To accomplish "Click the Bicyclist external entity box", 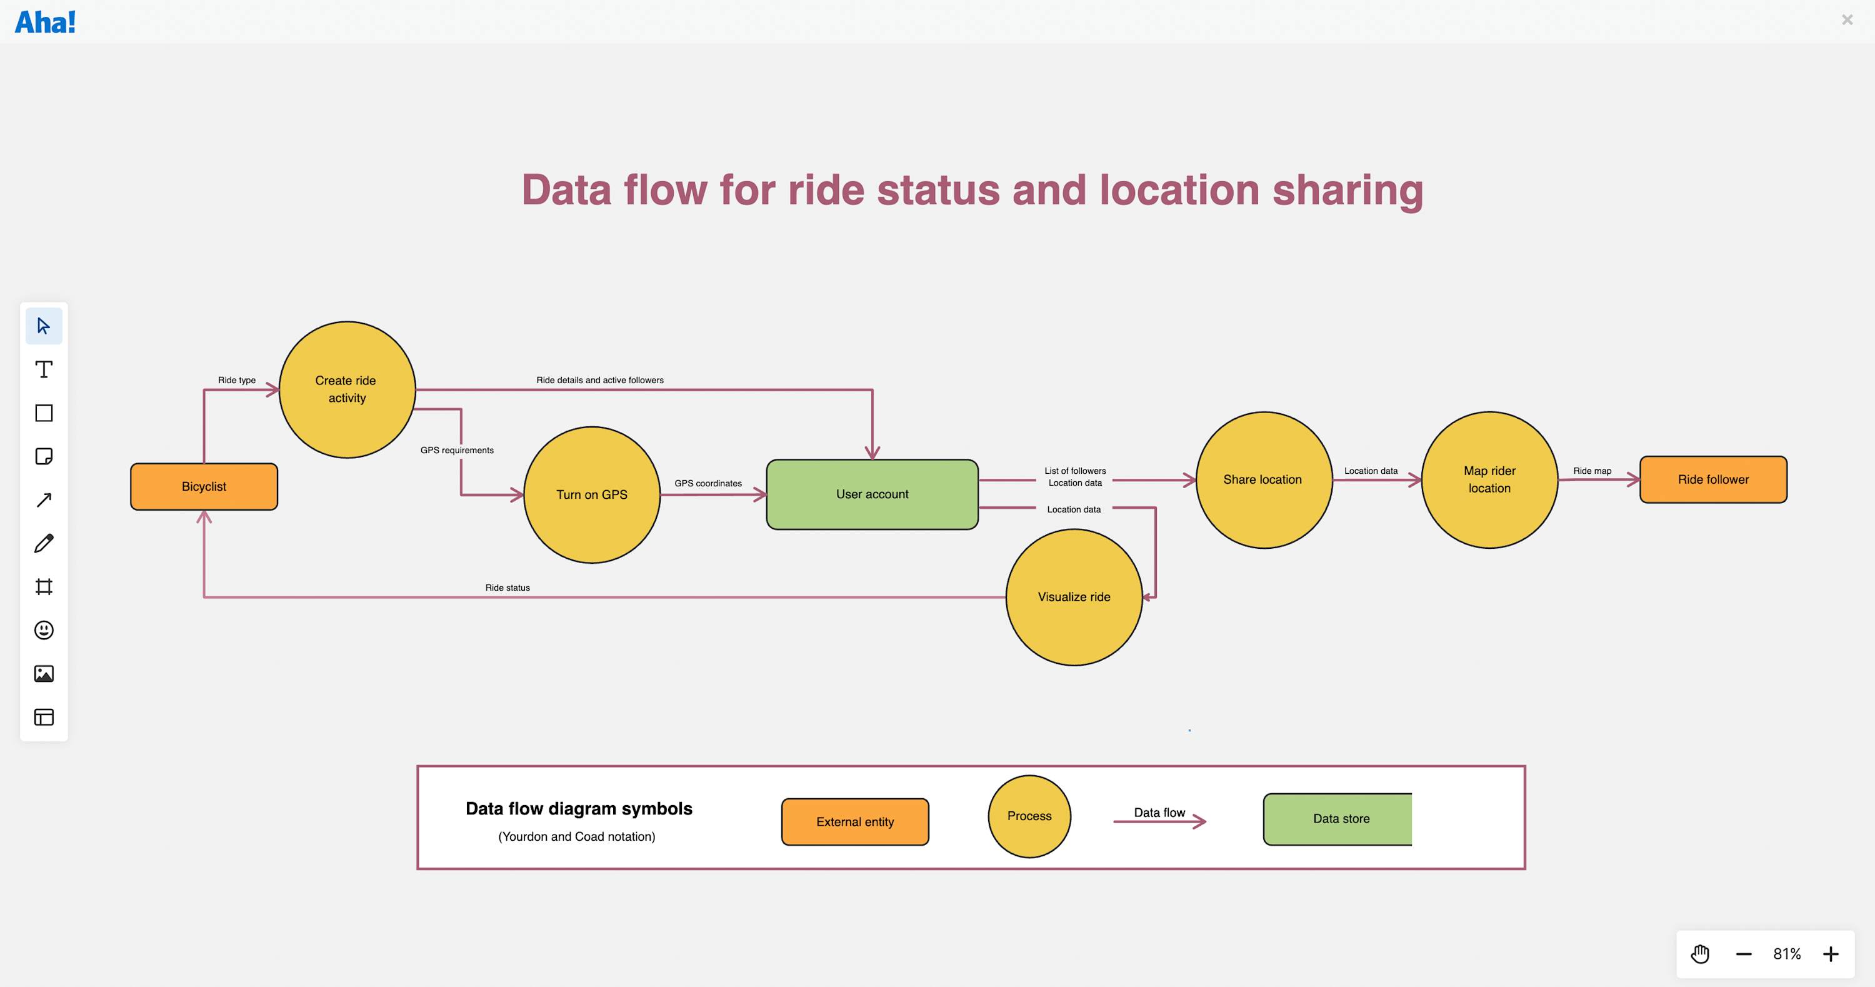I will pos(204,486).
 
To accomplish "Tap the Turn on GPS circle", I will pos(591,494).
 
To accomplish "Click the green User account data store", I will pos(872,494).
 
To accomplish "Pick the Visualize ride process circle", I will pos(1074,597).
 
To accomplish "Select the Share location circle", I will pos(1263,479).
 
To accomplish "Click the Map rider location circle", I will pos(1489,479).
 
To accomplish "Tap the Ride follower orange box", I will pos(1712,479).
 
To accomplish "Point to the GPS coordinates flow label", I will pos(707,483).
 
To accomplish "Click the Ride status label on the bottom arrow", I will pos(507,588).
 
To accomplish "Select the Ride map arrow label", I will pos(1592,471).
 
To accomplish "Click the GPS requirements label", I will pos(456,450).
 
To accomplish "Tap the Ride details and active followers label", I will pos(600,380).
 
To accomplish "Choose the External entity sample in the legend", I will pos(854,822).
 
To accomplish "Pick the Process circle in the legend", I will pos(1029,816).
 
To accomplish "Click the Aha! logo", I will pos(45,22).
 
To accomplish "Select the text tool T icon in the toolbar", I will pos(44,370).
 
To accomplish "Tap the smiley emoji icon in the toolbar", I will pos(44,630).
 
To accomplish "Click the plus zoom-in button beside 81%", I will pos(1830,954).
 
